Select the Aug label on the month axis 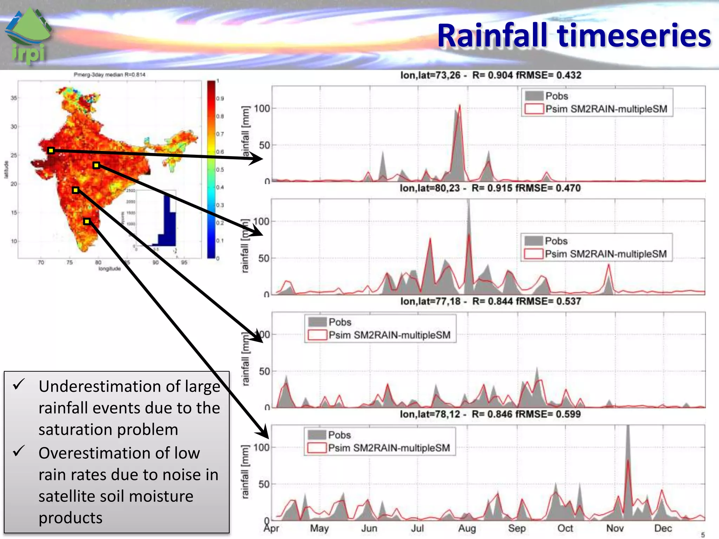(x=467, y=528)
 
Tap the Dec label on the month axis (x=663, y=528)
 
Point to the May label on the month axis (x=319, y=528)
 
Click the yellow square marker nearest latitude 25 (x=51, y=151)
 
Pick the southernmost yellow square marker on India (x=87, y=221)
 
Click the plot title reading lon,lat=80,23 (x=430, y=188)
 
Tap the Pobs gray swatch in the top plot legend (x=534, y=96)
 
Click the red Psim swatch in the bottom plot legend (x=317, y=448)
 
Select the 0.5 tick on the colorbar (x=220, y=169)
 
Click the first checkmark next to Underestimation (x=18, y=384)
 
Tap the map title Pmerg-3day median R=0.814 (x=109, y=75)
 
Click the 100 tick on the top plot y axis (x=262, y=108)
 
